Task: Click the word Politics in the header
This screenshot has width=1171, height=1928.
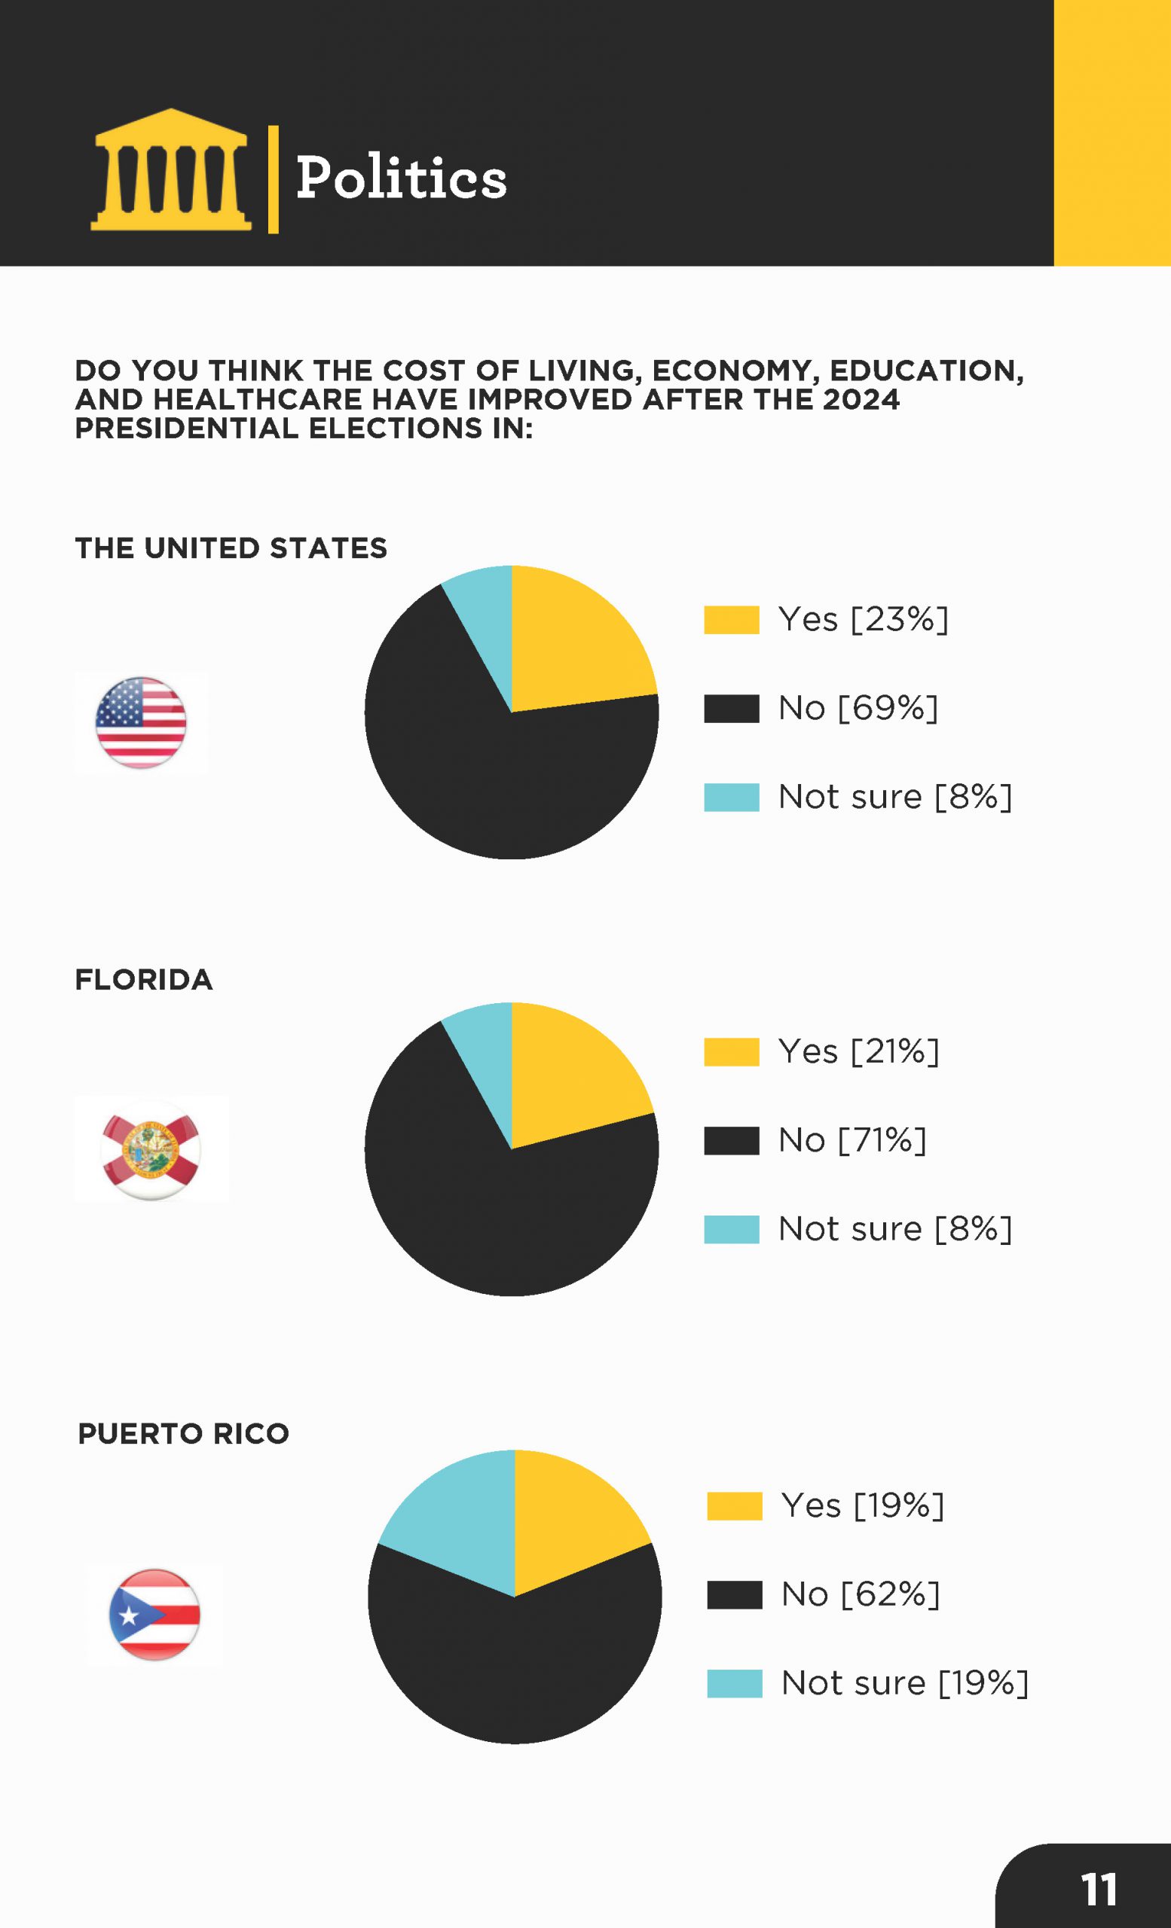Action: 401,178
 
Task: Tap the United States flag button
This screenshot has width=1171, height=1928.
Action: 141,722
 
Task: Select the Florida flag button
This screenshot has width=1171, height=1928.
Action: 150,1149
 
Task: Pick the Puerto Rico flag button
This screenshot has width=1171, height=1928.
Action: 154,1614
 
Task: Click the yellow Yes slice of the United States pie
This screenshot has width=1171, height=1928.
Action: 575,649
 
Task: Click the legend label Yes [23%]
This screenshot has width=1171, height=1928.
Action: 863,620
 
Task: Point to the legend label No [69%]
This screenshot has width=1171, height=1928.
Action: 858,708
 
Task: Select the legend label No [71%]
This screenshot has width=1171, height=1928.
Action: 851,1140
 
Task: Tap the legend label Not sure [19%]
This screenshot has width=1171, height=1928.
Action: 904,1683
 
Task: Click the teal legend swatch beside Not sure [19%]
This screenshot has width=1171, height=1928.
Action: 734,1684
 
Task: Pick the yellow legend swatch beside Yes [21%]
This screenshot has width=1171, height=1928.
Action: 731,1051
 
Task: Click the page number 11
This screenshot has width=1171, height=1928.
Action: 1098,1890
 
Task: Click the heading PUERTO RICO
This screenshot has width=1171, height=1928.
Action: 183,1434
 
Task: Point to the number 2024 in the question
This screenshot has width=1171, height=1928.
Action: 861,400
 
